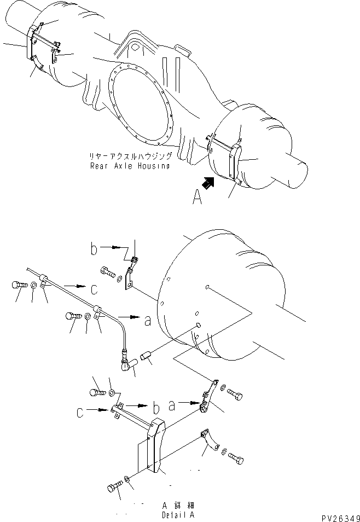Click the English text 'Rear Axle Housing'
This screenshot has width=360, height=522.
[130, 166]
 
